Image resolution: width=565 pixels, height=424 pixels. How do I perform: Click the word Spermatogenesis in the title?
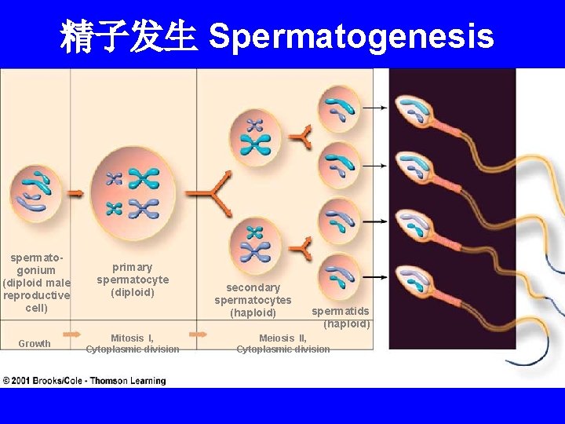(352, 36)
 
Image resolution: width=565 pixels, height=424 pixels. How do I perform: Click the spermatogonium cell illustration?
(35, 192)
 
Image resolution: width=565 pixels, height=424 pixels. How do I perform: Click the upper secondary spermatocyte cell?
(256, 136)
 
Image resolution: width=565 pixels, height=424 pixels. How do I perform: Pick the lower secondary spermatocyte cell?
(256, 243)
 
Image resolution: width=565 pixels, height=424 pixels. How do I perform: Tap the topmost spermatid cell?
(338, 108)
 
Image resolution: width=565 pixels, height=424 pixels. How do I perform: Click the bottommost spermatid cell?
(339, 276)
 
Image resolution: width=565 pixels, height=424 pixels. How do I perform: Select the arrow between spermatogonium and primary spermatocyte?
(75, 192)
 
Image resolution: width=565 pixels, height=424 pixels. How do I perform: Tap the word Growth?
(35, 344)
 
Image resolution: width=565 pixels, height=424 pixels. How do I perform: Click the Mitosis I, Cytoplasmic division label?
(132, 344)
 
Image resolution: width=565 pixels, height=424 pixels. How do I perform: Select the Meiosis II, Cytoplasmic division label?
(282, 344)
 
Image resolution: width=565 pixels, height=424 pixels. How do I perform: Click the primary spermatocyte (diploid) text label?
(132, 280)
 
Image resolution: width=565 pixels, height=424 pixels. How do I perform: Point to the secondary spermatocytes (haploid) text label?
(253, 300)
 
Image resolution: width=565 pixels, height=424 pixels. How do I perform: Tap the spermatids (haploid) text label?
(341, 317)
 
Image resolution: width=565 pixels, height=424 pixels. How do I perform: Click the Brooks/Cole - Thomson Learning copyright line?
(84, 381)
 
